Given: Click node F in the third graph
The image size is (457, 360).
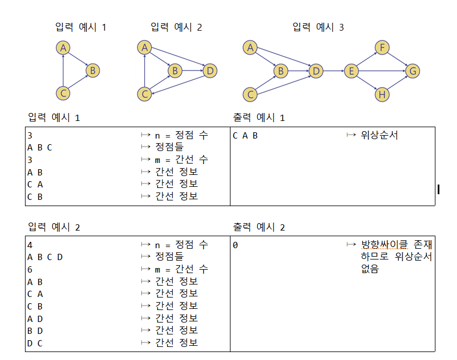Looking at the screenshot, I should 383,48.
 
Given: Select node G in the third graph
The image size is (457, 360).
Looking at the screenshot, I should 413,71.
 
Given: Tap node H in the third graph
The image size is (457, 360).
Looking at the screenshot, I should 383,94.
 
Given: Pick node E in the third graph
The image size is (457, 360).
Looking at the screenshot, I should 351,71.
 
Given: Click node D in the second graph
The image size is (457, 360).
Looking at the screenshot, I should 209,71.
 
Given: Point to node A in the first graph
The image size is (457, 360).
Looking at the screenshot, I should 64,48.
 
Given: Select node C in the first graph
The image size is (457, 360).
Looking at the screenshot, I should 64,94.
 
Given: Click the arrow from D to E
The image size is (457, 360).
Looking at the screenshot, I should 334,71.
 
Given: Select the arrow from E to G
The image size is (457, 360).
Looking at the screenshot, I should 381,71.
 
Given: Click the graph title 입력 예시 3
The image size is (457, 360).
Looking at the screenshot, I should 318,27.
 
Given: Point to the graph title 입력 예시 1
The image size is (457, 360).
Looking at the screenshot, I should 81,27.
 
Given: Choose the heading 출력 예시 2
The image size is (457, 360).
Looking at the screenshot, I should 259,227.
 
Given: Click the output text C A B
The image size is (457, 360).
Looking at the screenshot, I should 245,136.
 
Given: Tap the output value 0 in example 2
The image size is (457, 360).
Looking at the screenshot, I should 236,245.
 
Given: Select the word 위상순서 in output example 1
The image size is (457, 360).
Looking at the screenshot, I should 380,136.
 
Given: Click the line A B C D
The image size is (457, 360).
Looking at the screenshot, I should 45,257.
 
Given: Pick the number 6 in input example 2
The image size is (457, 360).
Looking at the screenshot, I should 30,270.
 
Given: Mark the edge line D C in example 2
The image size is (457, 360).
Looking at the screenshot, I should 35,343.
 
